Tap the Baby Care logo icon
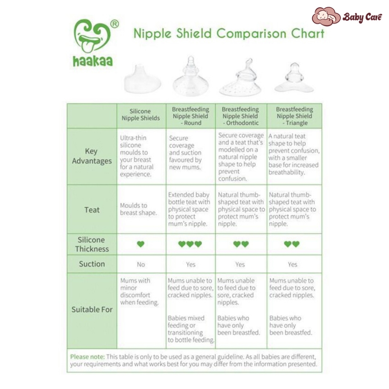(x=326, y=16)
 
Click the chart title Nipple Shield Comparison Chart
(x=229, y=33)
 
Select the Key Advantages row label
(x=92, y=156)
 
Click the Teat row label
(x=92, y=210)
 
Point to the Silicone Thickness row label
(x=92, y=244)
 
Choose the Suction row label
(x=92, y=264)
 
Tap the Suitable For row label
(x=92, y=310)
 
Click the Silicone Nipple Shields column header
(x=141, y=115)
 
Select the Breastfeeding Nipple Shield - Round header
(x=190, y=116)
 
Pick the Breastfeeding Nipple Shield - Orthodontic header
(x=240, y=116)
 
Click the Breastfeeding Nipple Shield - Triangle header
(x=294, y=116)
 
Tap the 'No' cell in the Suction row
(x=141, y=264)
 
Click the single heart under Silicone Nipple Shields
(x=141, y=244)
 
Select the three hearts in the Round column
(x=190, y=244)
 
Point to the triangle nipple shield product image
(x=294, y=79)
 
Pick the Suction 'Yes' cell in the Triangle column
(x=293, y=264)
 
